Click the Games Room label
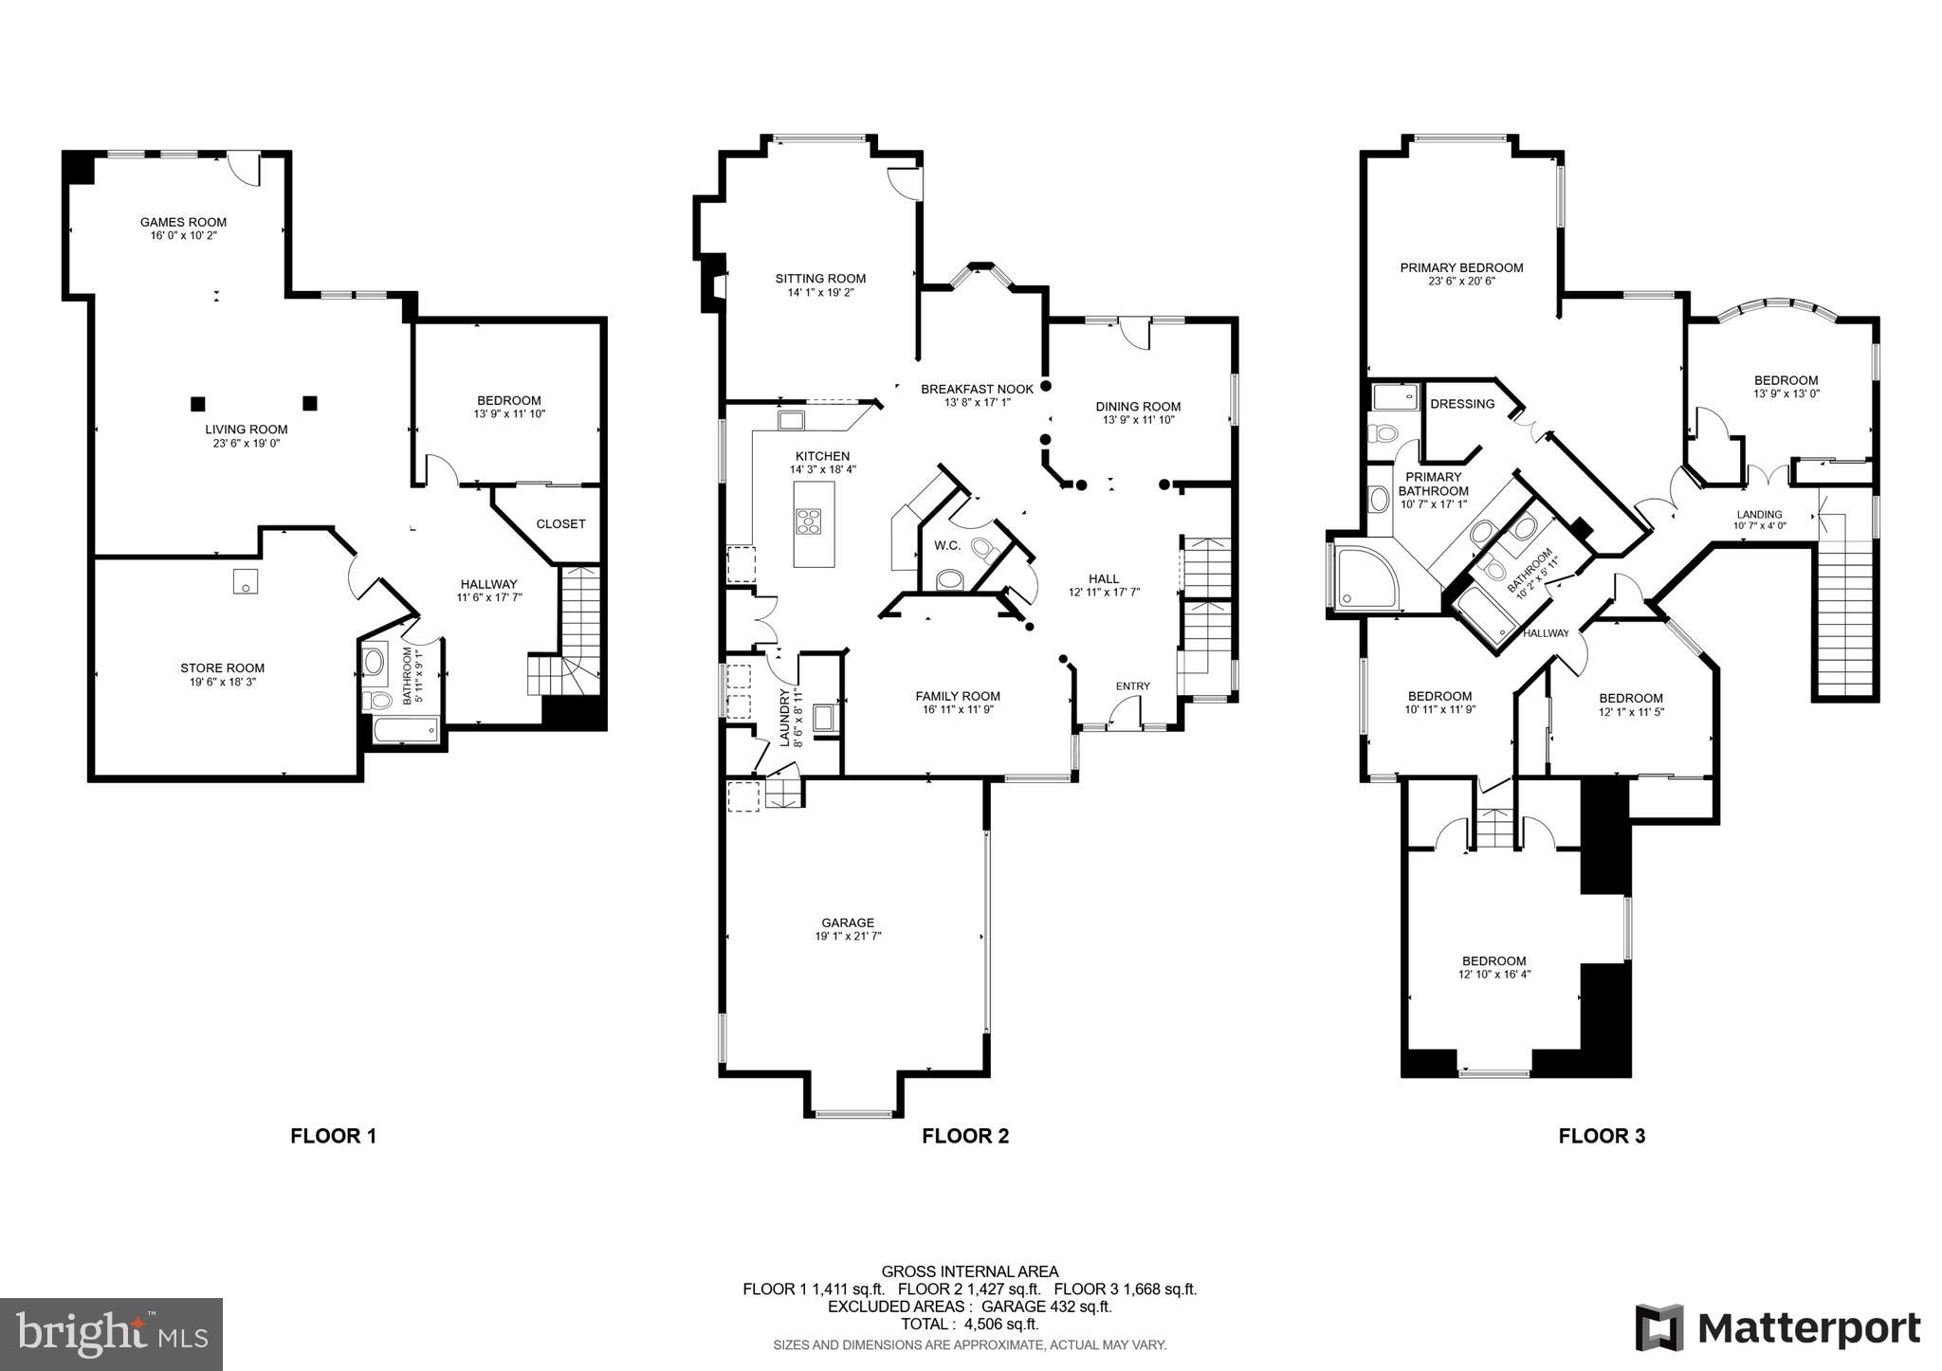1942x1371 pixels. (184, 222)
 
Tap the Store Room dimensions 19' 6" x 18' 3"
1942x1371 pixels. (223, 681)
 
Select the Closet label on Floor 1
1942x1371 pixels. (560, 523)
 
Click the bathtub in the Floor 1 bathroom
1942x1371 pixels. (406, 729)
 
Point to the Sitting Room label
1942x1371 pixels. (820, 278)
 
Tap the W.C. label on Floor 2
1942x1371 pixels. (947, 545)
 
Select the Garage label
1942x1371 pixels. (848, 923)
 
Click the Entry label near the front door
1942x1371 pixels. (1132, 686)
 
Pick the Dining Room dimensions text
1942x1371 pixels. (1138, 420)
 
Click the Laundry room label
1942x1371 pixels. (785, 717)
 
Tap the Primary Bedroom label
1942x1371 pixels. (1461, 267)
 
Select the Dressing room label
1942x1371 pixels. (1461, 404)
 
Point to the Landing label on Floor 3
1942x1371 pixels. (1759, 515)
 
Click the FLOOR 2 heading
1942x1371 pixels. (965, 1136)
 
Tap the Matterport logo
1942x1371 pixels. (1778, 1328)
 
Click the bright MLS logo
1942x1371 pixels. (112, 1335)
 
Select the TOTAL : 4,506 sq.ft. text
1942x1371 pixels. (969, 1325)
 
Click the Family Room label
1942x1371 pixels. (958, 696)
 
